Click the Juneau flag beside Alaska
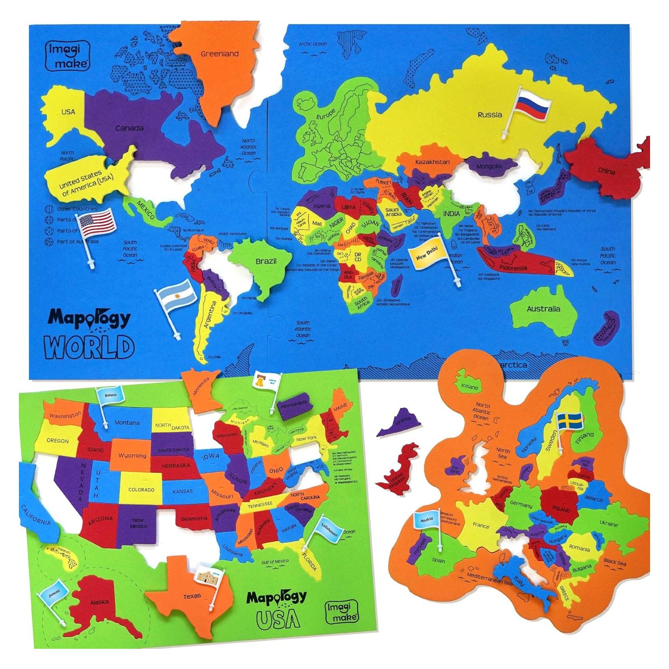click(x=53, y=591)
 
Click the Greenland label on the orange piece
click(x=219, y=54)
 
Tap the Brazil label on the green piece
click(x=266, y=261)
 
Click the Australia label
click(x=543, y=309)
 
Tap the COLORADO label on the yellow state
click(x=141, y=490)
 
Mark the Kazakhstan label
click(x=432, y=162)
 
